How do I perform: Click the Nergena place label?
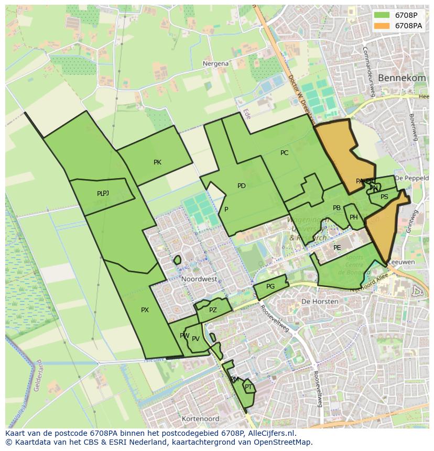click(x=215, y=63)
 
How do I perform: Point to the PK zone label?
click(x=157, y=162)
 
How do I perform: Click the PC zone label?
click(x=284, y=153)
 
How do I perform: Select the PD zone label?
click(x=241, y=186)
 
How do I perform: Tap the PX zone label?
click(x=145, y=310)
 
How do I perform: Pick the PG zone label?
click(x=270, y=287)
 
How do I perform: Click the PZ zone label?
click(x=213, y=310)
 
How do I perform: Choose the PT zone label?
click(x=248, y=387)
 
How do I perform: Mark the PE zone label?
click(x=337, y=248)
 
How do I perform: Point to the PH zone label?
click(x=354, y=217)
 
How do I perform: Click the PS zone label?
click(x=384, y=197)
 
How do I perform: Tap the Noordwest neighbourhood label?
click(x=199, y=279)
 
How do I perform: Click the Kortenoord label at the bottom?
click(x=200, y=419)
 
